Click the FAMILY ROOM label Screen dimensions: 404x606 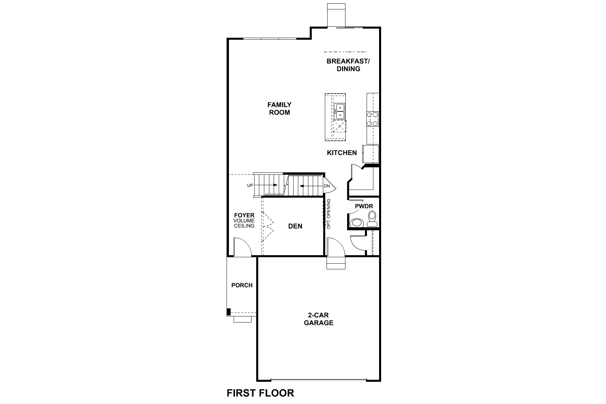(279, 109)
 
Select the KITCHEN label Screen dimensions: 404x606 (342, 153)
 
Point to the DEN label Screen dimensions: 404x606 (295, 226)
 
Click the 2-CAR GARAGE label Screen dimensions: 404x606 (318, 319)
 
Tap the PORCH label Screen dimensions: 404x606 (242, 285)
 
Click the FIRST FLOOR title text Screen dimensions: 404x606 (260, 393)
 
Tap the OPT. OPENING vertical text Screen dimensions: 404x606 (329, 214)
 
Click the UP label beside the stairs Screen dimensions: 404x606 (250, 186)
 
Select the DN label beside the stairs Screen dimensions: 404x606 (327, 186)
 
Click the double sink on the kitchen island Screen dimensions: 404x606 (339, 111)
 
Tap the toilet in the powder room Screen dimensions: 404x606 (372, 218)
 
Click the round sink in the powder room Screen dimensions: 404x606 (357, 223)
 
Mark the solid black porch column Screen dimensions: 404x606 (229, 312)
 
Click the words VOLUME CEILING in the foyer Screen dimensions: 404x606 (244, 223)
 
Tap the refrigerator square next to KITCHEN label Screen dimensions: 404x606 (370, 154)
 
